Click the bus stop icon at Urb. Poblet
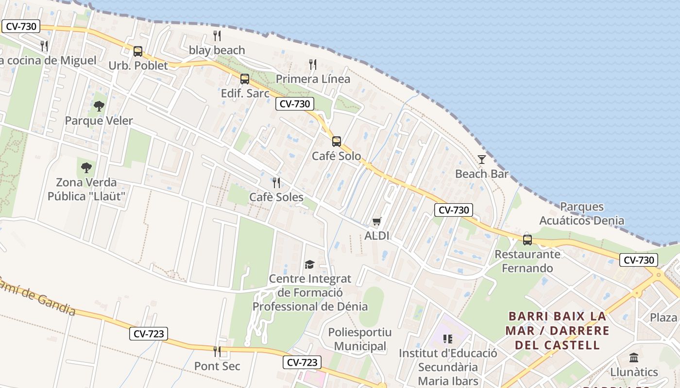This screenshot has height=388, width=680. click(138, 51)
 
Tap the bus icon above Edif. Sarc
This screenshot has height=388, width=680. click(245, 79)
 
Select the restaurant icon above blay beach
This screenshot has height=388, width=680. click(217, 36)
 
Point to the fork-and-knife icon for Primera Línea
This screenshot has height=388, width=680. click(313, 65)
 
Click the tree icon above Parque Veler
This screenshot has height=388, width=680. click(99, 106)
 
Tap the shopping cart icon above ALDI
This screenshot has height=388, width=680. click(376, 222)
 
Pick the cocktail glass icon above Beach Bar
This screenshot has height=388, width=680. click(481, 160)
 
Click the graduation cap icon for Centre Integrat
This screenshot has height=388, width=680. click(309, 264)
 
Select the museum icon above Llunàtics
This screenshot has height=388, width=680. click(634, 358)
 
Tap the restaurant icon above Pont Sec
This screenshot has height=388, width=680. click(217, 352)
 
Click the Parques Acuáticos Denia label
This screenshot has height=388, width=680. click(581, 214)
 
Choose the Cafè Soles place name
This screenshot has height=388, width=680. click(276, 197)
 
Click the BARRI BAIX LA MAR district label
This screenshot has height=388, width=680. click(557, 331)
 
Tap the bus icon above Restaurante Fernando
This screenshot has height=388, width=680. click(527, 240)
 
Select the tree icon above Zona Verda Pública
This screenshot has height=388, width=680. click(86, 168)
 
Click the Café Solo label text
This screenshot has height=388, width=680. click(336, 156)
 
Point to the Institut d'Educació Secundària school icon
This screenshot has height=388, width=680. click(447, 339)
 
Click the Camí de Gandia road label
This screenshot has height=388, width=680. click(39, 296)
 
